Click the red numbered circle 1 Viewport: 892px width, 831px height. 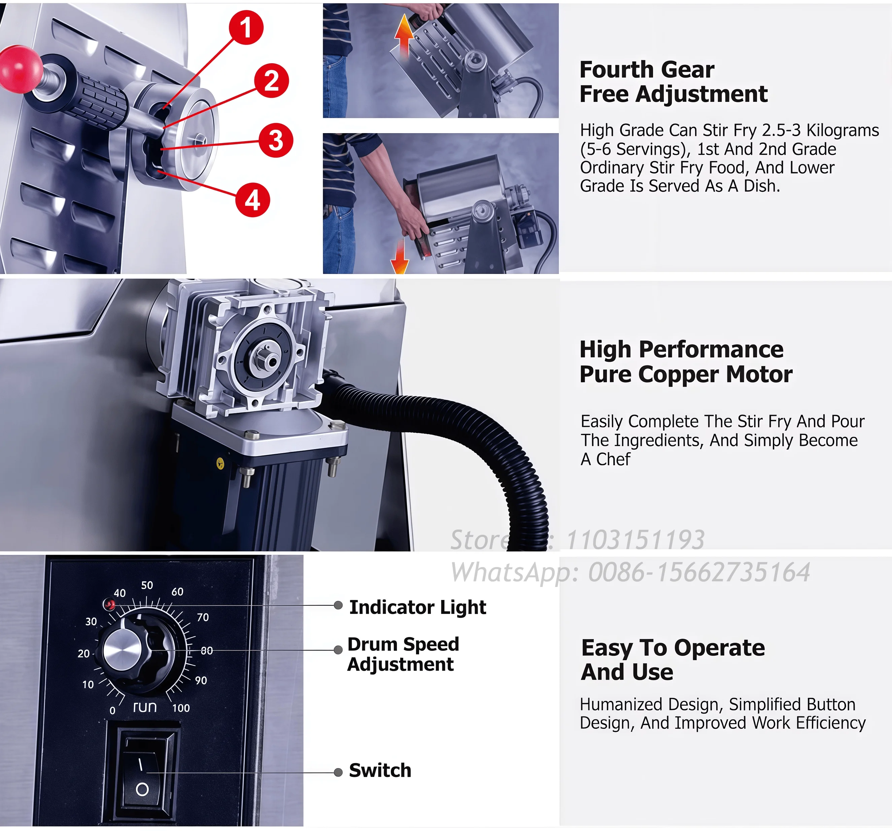pos(246,27)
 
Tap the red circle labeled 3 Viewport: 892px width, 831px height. pos(275,140)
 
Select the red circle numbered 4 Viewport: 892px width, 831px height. pos(252,200)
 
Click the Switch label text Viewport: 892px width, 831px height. pos(380,770)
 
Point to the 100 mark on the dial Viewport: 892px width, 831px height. pos(181,708)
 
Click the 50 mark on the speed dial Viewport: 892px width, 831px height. pos(147,585)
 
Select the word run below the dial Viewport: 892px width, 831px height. pos(145,707)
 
